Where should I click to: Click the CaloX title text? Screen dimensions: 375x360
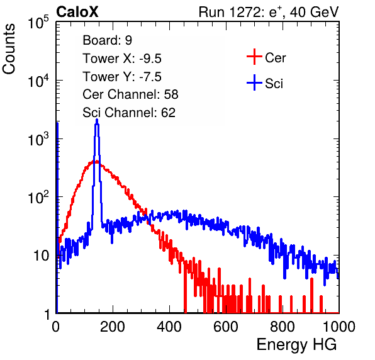tap(77, 12)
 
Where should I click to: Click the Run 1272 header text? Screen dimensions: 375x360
tap(269, 12)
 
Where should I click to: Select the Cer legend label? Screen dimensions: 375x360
tap(275, 58)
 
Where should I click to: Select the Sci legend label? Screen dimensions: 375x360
tap(274, 84)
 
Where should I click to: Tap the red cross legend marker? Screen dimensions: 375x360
tap(254, 57)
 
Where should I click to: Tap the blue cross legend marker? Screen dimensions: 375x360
tap(254, 82)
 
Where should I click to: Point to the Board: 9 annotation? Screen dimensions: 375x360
tap(107, 40)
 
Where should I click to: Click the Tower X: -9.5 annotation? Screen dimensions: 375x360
tap(122, 59)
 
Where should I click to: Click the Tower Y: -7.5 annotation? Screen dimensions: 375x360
tap(122, 77)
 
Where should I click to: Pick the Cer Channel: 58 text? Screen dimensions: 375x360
tap(130, 94)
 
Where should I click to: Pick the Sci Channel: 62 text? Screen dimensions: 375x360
tap(129, 113)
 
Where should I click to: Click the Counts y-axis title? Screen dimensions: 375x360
tap(9, 49)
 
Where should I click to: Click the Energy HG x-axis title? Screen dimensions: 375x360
tap(296, 345)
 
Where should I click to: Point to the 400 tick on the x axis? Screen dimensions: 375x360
tap(169, 327)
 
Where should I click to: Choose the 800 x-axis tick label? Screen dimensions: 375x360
tap(283, 327)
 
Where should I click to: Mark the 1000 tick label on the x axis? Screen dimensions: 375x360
tap(339, 327)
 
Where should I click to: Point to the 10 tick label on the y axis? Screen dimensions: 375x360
tap(42, 256)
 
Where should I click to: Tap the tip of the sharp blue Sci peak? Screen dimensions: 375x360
tap(97, 120)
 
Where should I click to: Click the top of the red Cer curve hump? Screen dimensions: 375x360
tap(96, 162)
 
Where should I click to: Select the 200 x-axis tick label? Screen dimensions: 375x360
tap(113, 327)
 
